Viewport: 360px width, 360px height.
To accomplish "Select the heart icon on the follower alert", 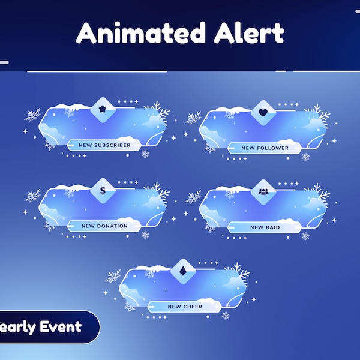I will pyautogui.click(x=262, y=112).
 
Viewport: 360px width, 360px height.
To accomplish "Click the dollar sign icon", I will pyautogui.click(x=102, y=191).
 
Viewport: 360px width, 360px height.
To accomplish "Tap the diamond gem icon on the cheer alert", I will pyautogui.click(x=182, y=271).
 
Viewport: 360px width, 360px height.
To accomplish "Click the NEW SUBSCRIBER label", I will pyautogui.click(x=104, y=145).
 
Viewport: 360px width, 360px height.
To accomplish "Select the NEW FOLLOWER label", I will pyautogui.click(x=265, y=148).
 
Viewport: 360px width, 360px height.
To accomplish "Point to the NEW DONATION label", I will pyautogui.click(x=104, y=226).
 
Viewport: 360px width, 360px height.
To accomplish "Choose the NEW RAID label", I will pyautogui.click(x=265, y=227).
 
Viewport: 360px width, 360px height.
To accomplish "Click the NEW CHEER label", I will pyautogui.click(x=184, y=307).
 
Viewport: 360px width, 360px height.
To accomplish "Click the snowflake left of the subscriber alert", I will pyautogui.click(x=33, y=115).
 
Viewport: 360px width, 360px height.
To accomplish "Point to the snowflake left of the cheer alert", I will pyautogui.click(x=113, y=276).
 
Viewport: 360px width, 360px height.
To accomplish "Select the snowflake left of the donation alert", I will pyautogui.click(x=33, y=196).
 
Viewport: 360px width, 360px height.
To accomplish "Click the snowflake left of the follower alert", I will pyautogui.click(x=193, y=117).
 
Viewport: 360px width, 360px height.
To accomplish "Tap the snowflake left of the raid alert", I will pyautogui.click(x=193, y=197).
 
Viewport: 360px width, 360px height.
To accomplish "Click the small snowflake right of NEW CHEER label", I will pyautogui.click(x=226, y=315).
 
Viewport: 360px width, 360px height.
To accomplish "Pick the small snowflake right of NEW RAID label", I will pyautogui.click(x=305, y=236).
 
